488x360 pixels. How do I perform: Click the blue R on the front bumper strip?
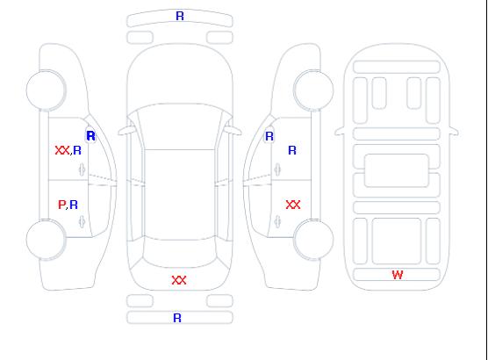(180, 16)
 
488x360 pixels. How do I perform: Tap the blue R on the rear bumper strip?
(177, 318)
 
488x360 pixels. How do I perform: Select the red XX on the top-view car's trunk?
(179, 280)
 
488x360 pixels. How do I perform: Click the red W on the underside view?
(398, 275)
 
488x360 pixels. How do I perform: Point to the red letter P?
(61, 205)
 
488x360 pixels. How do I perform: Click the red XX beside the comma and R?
(62, 150)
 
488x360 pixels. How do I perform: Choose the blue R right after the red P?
(74, 205)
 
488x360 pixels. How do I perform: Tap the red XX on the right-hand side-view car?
(293, 205)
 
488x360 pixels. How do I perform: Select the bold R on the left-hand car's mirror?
(91, 136)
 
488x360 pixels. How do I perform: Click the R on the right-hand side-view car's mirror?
(269, 136)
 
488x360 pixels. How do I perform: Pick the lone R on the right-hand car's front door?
(292, 150)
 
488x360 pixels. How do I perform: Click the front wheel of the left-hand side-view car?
(46, 90)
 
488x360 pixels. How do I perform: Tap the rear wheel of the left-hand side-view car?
(46, 240)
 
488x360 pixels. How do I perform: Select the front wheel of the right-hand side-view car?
(313, 90)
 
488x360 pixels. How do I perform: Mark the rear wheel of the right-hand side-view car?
(313, 240)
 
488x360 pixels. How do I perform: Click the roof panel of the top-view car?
(180, 195)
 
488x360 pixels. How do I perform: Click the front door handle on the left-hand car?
(83, 169)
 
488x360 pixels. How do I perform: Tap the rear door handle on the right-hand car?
(277, 222)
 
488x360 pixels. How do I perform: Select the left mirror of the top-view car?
(126, 131)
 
